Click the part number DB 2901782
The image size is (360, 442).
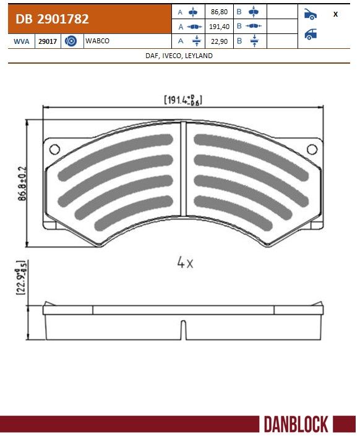tap(52, 19)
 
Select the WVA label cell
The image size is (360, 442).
tap(22, 41)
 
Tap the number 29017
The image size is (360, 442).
tap(48, 41)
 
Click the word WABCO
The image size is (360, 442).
tap(97, 41)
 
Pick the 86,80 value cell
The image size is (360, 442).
tap(219, 12)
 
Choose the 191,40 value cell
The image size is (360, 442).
tap(219, 27)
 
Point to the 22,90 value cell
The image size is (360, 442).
tap(219, 41)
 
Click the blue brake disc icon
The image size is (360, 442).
tap(71, 41)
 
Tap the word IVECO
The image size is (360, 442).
tap(171, 56)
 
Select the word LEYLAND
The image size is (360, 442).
tap(199, 56)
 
